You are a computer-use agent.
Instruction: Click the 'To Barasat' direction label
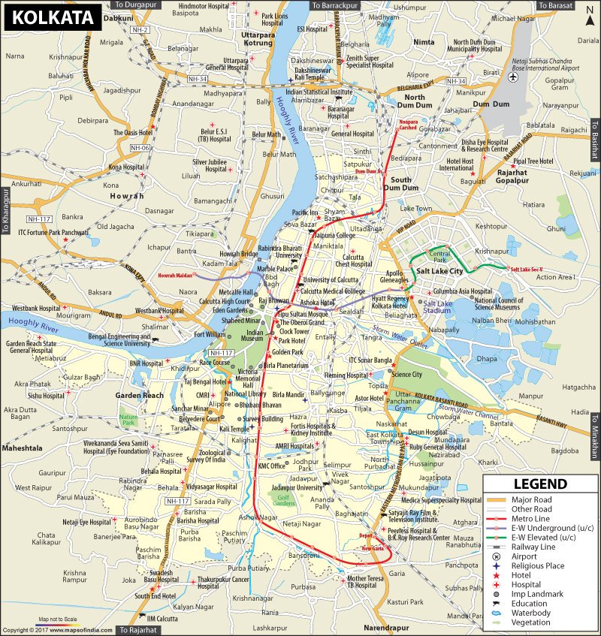pyautogui.click(x=555, y=5)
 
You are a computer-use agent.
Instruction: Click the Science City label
pyautogui.click(x=407, y=374)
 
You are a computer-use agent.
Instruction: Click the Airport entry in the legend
pyautogui.click(x=524, y=556)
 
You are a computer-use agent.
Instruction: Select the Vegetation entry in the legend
pyautogui.click(x=533, y=622)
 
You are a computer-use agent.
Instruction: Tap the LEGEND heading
pyautogui.click(x=539, y=484)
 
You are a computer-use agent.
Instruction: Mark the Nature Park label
pyautogui.click(x=129, y=420)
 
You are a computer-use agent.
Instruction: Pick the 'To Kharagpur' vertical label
pyautogui.click(x=5, y=213)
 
